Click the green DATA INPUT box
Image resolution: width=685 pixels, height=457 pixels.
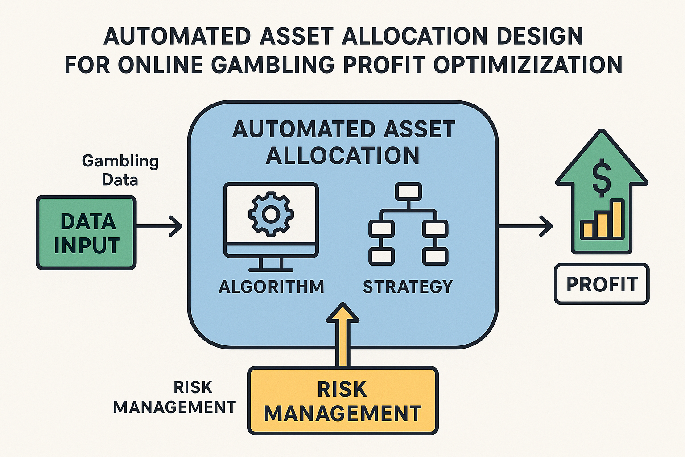coord(86,233)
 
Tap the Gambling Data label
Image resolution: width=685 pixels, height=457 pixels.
coord(120,170)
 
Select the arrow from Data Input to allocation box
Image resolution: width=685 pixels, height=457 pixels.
coord(159,226)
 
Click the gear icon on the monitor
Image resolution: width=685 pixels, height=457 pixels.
coord(271,214)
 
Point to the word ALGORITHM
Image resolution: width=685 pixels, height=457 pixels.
coord(271,287)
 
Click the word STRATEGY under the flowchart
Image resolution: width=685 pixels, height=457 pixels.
coord(408,287)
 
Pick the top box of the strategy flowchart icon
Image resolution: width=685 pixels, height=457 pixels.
coord(408,191)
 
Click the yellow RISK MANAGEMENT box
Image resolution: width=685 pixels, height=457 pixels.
coord(343,401)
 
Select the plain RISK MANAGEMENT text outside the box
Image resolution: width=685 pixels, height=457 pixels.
coord(174,397)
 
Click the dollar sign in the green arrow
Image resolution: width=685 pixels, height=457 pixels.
coord(602,178)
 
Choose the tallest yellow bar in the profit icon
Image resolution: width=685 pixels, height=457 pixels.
coord(618,219)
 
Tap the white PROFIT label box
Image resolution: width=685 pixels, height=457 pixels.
coord(602,284)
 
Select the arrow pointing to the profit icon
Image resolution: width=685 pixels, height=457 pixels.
coord(526,226)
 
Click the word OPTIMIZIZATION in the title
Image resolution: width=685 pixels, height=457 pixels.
coord(528,65)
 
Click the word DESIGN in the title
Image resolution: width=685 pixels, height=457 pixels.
coord(540,36)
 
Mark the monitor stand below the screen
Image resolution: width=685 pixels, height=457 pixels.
coord(271,265)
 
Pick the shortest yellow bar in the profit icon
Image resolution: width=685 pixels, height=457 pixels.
coord(588,230)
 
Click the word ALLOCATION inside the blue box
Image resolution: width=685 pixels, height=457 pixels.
coord(342,155)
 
